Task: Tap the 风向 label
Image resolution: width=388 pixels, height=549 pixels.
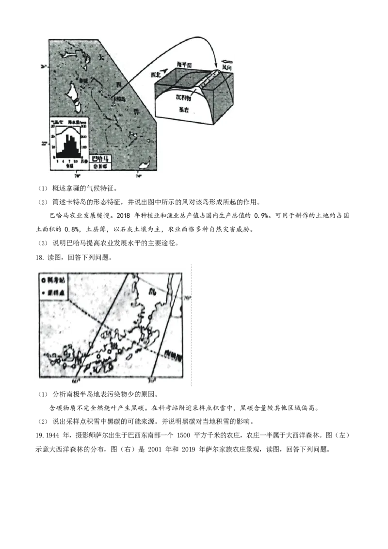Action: coord(227,69)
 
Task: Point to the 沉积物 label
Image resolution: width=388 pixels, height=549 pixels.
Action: coord(183,97)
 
